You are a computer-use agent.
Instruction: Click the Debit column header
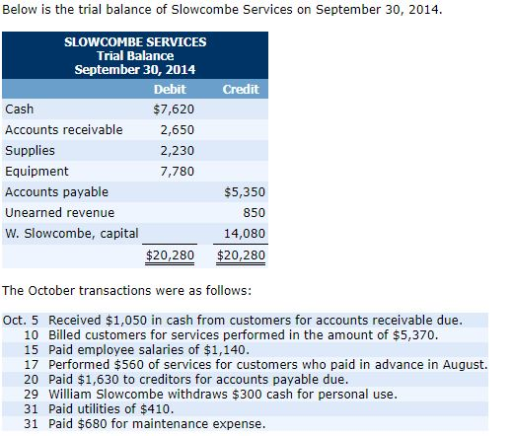(171, 89)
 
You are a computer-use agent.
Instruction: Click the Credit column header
(241, 89)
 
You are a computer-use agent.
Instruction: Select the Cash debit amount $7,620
(173, 109)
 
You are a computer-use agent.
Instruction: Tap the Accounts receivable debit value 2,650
(177, 129)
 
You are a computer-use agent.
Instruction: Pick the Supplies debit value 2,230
(177, 150)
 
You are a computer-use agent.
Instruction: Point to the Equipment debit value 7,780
(177, 171)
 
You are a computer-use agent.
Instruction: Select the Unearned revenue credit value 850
(255, 212)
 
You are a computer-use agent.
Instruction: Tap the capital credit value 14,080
(247, 233)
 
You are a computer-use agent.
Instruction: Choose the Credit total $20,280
(241, 254)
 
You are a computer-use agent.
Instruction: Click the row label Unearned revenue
(60, 212)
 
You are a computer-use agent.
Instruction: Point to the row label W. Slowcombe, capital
(72, 233)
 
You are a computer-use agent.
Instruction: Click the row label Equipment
(37, 171)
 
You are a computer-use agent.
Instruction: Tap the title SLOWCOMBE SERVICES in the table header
(134, 42)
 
